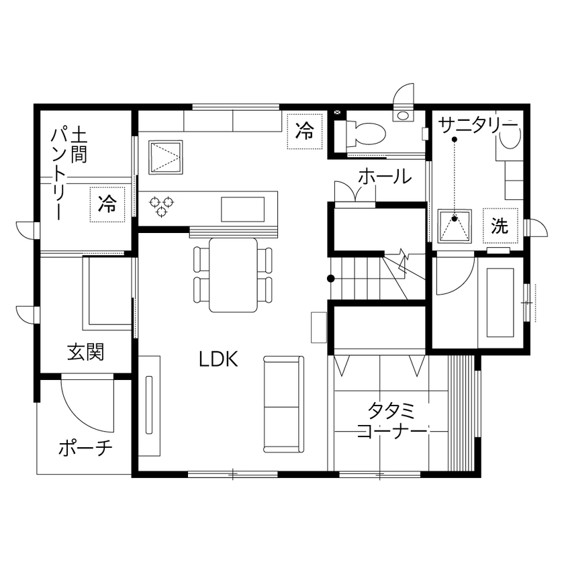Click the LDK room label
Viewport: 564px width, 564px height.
pos(218,359)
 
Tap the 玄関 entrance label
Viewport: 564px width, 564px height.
pos(85,352)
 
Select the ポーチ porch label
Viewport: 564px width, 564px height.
pos(85,447)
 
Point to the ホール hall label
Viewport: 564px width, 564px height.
pos(384,177)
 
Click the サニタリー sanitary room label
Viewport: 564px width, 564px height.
pos(478,126)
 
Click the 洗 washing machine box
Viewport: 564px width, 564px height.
pos(500,226)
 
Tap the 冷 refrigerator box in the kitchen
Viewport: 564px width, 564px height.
pos(305,131)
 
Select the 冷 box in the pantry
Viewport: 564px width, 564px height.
pos(107,204)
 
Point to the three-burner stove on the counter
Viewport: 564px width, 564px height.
pos(162,206)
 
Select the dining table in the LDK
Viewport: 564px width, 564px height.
pos(233,275)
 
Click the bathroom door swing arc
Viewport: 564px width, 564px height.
pos(453,279)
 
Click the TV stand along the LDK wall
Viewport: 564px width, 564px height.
pos(150,406)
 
